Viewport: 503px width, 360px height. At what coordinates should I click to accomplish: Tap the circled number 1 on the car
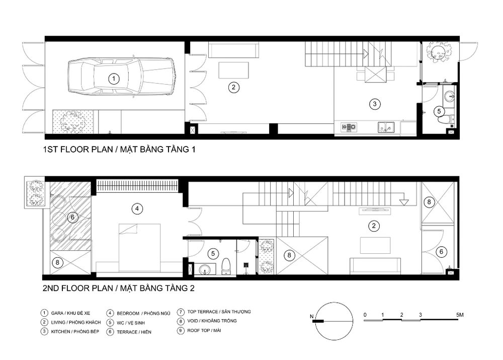[114, 79]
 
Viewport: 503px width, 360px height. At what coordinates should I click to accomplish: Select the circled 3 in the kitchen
[374, 104]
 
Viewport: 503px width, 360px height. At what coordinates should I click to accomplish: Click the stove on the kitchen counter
[349, 127]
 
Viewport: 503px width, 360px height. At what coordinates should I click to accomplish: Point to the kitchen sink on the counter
[386, 127]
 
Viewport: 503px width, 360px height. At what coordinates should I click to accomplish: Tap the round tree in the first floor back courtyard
[439, 52]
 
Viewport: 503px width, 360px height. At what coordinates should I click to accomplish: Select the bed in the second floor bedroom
[139, 248]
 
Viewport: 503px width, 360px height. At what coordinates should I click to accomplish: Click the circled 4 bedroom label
[137, 209]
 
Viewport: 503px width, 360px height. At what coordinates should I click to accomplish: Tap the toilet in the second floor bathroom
[226, 266]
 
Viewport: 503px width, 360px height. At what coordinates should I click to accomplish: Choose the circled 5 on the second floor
[213, 254]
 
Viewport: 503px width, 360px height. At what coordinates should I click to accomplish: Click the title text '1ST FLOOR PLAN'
[78, 150]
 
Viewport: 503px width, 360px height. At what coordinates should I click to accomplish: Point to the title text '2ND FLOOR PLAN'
[78, 288]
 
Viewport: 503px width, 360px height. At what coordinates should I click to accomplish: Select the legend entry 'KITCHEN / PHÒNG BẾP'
[75, 331]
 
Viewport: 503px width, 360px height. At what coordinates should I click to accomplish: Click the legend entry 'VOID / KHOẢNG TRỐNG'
[212, 321]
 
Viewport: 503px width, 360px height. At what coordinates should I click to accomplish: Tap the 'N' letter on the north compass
[311, 316]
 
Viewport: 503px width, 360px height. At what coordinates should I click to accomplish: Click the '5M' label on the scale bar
[460, 315]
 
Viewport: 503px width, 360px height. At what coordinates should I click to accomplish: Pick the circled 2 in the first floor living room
[233, 87]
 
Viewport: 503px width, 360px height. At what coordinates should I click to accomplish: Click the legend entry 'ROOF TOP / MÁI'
[204, 330]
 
